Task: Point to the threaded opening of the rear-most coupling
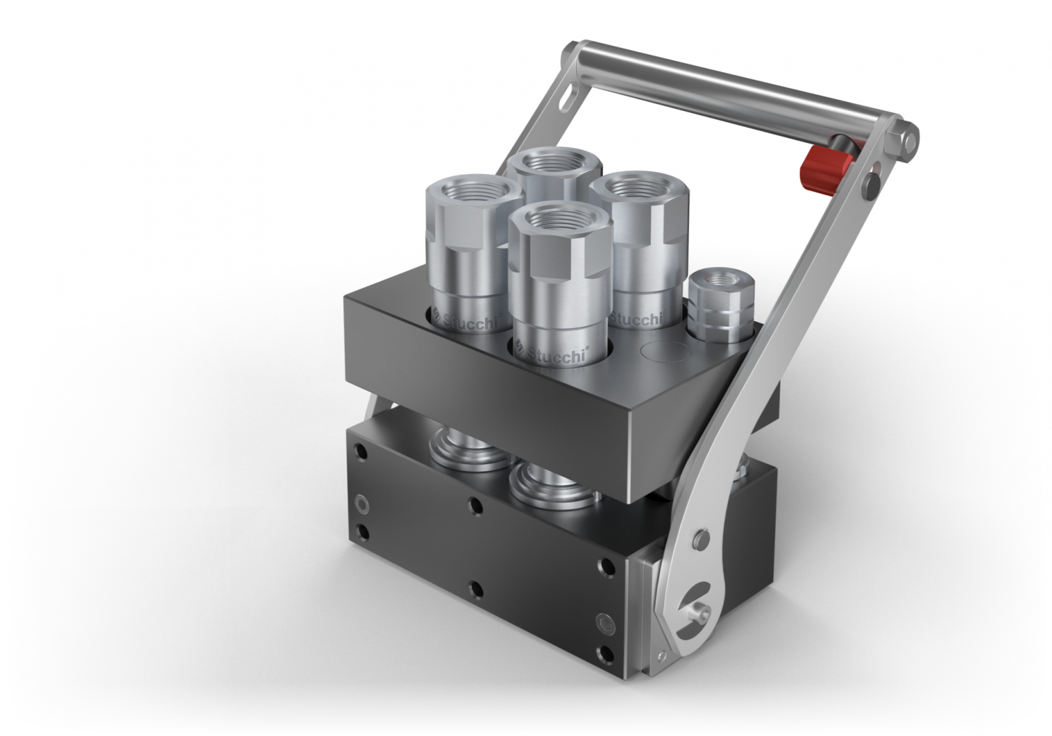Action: point(555,164)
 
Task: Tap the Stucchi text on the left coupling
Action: point(469,320)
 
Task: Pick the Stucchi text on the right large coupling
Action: point(636,319)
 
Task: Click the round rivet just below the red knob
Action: point(872,184)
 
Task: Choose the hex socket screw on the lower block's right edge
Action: point(606,622)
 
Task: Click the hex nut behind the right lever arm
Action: point(742,470)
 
